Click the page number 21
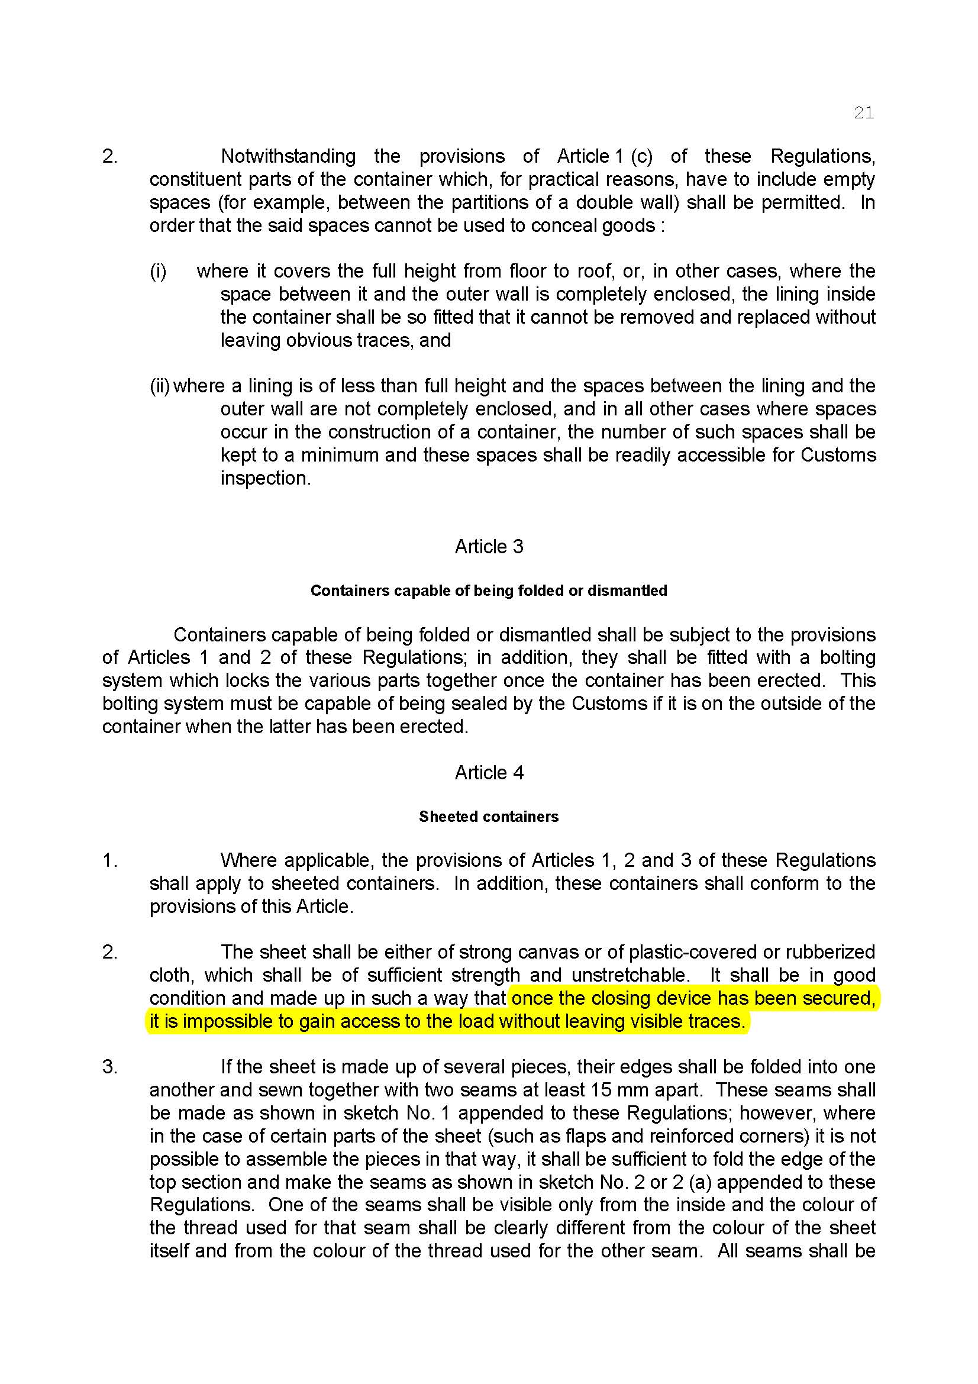pos(863,113)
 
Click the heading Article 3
pos(489,546)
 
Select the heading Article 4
pos(489,772)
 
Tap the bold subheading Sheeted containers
pos(489,816)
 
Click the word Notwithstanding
pos(288,156)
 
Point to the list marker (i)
pos(158,271)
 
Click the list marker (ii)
pos(160,386)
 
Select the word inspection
pos(265,478)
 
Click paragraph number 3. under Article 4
pos(109,1067)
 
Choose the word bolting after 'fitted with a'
pos(847,657)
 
